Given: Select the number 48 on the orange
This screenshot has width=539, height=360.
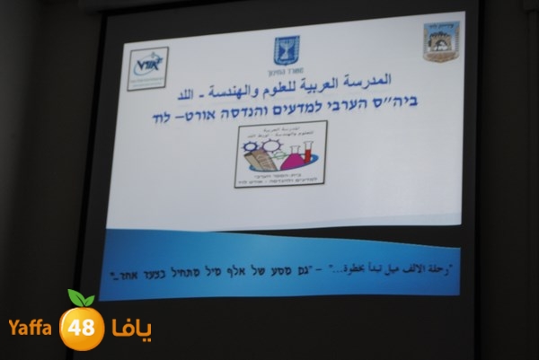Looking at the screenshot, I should [x=82, y=327].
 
